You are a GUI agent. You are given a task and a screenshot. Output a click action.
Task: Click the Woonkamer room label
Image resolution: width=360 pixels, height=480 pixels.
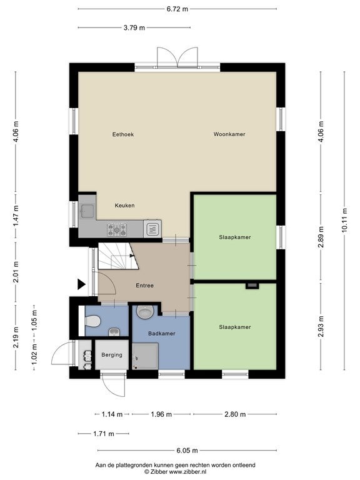pos(229,134)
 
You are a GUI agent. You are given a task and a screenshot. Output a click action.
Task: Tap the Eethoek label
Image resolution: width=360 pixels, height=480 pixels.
pos(123,134)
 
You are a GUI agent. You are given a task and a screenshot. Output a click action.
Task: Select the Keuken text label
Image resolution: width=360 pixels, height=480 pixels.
pos(124,206)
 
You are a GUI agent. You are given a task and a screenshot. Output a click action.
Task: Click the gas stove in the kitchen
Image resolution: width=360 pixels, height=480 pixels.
pos(117,229)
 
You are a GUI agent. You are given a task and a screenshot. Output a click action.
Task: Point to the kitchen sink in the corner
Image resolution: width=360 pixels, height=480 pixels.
pos(87,211)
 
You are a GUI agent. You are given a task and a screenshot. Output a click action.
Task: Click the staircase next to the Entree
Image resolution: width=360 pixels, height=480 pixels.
pos(118,256)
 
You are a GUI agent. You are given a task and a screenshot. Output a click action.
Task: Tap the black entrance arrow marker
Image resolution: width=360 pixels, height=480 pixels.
pos(81,284)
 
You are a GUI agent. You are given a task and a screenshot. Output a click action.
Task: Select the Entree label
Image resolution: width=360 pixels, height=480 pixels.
pos(145,286)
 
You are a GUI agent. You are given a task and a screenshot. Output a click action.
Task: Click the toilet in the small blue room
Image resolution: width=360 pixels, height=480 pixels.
pos(92,321)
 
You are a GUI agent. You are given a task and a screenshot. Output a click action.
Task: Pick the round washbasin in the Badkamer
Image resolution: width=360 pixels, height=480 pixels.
pos(145,312)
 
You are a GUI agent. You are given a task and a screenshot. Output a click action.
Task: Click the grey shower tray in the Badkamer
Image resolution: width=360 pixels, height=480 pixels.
pos(146,356)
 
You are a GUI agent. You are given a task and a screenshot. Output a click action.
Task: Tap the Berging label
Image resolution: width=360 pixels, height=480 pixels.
pos(112,355)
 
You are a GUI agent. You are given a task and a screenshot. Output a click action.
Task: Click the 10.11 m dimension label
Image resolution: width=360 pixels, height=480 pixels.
pos(345,221)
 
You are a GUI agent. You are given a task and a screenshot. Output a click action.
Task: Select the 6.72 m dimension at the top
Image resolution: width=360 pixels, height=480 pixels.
pos(177,9)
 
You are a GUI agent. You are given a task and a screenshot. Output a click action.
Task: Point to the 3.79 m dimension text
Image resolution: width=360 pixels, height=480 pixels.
pos(134,27)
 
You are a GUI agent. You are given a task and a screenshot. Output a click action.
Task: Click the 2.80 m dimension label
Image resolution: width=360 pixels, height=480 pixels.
pos(235,414)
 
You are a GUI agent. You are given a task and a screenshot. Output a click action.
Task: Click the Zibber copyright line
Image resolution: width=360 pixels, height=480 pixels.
pos(176,472)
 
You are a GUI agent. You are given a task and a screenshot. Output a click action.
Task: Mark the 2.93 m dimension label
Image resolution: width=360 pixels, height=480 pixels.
pos(321,326)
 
